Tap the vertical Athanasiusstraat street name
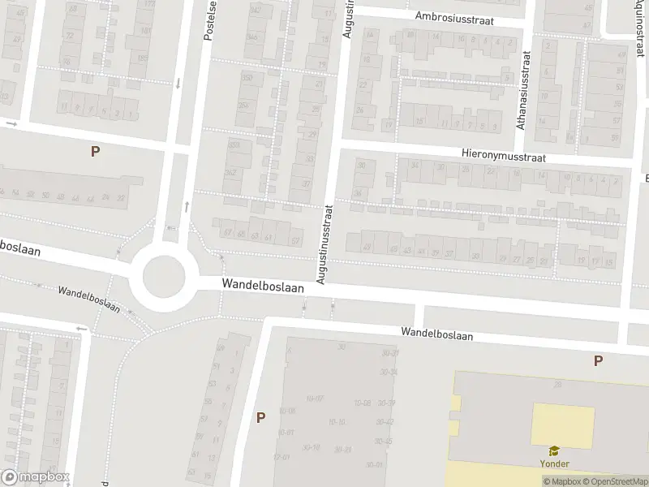coord(523,91)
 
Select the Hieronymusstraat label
coord(503,154)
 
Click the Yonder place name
coord(555,463)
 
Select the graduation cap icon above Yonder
coord(555,450)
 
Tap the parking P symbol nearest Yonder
coord(598,361)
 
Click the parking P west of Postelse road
coord(95,151)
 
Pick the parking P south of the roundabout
coord(260,418)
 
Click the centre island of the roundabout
coord(164,277)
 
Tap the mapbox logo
coord(35,478)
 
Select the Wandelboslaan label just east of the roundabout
coord(264,287)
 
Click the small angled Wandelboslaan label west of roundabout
coord(88,299)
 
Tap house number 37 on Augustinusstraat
coord(306,184)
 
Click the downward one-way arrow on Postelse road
coord(178,83)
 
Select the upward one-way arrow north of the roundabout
coord(187,207)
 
